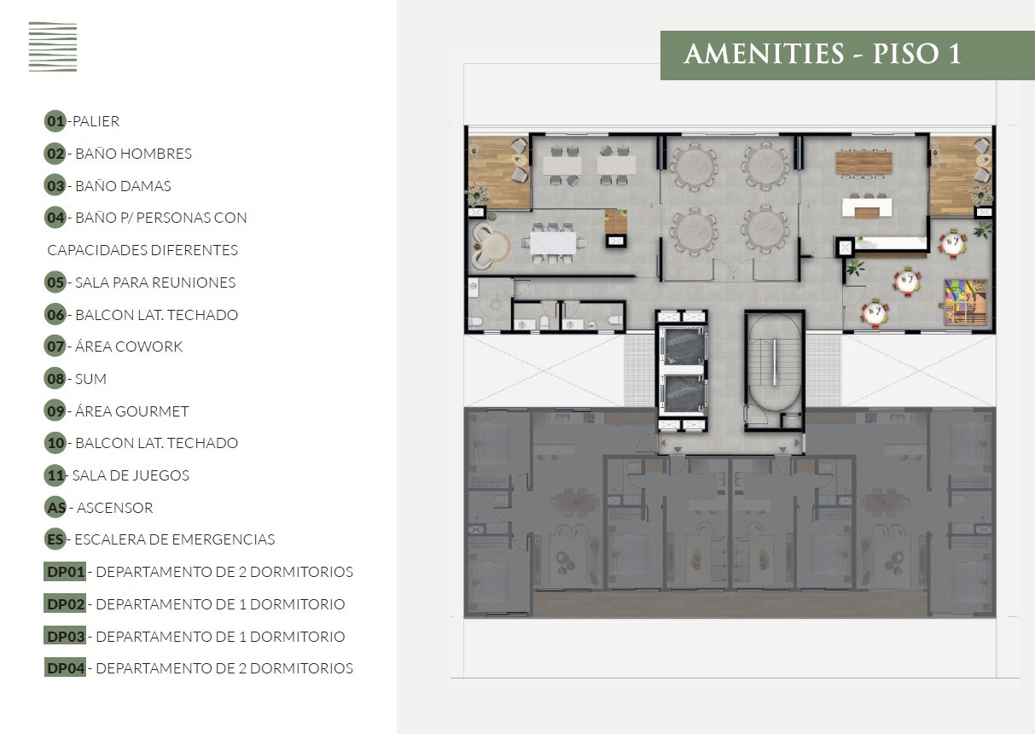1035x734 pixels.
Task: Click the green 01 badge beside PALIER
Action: (x=55, y=121)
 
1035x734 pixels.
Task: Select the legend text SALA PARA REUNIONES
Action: (x=155, y=283)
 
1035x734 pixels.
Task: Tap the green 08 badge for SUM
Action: (x=55, y=379)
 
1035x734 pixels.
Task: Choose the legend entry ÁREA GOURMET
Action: (x=131, y=411)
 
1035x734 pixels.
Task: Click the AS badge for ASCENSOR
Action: (x=56, y=508)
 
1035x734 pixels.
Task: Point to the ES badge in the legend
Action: (x=55, y=539)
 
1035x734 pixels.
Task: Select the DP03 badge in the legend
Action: (x=65, y=636)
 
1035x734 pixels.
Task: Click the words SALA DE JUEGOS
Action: (x=131, y=475)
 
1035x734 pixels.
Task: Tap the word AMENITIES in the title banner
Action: (x=764, y=54)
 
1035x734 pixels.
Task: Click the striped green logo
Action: (x=53, y=47)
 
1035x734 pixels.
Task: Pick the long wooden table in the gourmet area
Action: (x=863, y=163)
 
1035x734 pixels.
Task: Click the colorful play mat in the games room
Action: (x=966, y=302)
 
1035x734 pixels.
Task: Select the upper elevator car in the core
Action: (x=683, y=346)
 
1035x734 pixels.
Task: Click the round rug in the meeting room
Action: (x=497, y=248)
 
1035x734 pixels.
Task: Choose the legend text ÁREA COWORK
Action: (x=129, y=347)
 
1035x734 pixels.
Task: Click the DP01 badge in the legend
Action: (x=65, y=572)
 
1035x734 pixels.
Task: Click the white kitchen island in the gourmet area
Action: (x=867, y=207)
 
